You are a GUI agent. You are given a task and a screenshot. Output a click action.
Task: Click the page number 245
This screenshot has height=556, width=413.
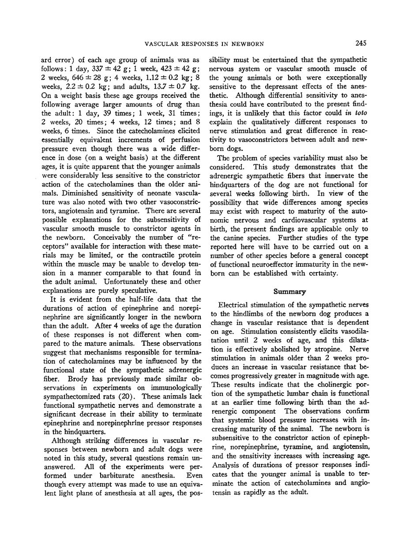[360, 43]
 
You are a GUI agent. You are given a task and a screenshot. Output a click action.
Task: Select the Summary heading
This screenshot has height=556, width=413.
[289, 291]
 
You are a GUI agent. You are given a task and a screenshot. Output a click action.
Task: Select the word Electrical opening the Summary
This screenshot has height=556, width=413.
[235, 305]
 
